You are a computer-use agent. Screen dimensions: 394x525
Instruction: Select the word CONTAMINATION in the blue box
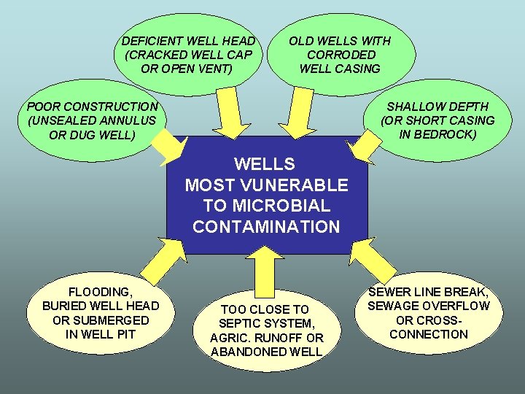point(266,227)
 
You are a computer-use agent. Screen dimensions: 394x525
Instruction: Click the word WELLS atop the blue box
point(265,164)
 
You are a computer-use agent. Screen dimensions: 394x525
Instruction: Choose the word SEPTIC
point(244,323)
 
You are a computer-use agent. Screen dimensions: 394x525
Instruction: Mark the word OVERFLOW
point(454,306)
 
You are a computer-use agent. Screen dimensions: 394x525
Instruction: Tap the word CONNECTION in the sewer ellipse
point(429,334)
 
